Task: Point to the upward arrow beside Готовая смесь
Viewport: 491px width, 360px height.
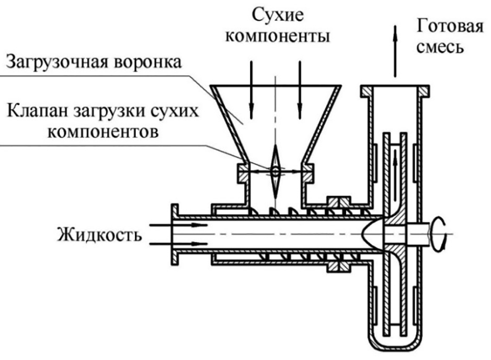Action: click(x=394, y=50)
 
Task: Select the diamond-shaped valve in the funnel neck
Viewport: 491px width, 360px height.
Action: click(x=275, y=170)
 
